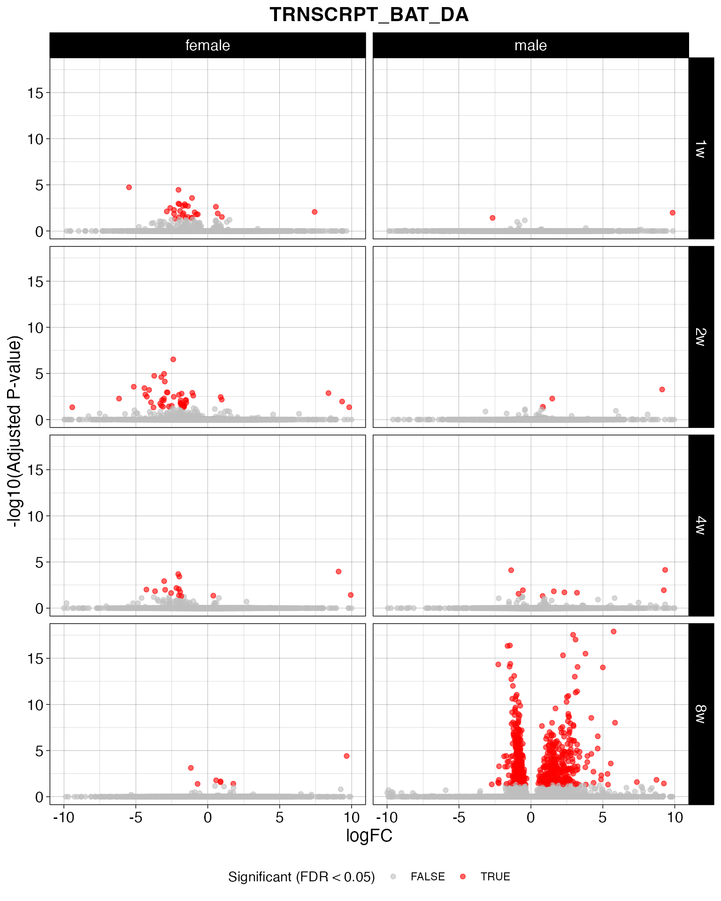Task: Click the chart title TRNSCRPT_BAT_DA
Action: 369,15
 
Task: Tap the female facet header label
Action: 207,46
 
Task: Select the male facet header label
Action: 530,46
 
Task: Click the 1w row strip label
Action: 700,148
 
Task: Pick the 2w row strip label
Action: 700,337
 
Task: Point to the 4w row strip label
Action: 700,526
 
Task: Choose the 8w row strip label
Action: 700,714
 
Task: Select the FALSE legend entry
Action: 427,877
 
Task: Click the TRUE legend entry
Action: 495,877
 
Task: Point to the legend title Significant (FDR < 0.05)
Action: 301,877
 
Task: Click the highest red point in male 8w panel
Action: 614,632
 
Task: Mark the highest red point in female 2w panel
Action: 173,359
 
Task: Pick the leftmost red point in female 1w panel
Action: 129,187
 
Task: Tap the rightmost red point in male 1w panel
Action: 672,213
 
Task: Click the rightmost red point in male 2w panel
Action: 662,389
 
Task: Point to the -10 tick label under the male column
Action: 387,818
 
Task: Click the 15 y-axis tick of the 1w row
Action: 35,93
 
